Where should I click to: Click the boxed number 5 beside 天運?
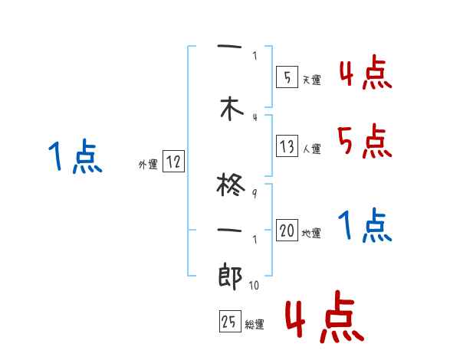[287, 77]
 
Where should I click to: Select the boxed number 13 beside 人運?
[287, 147]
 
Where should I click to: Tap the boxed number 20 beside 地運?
[287, 231]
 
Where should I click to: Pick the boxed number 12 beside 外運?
[173, 162]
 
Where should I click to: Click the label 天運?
[312, 80]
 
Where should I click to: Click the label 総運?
[255, 325]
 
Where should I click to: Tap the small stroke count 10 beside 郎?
[255, 286]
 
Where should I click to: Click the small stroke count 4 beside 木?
[255, 116]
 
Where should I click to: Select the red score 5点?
[363, 140]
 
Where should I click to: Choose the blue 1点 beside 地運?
[365, 225]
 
